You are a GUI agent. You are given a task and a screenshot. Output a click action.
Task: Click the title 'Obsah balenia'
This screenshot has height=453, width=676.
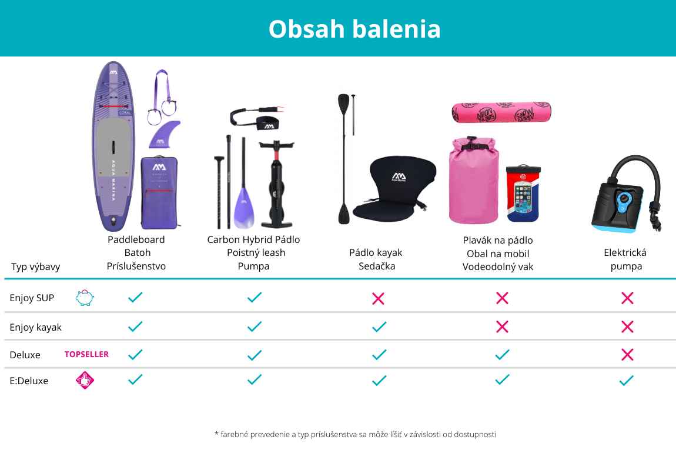coord(354,29)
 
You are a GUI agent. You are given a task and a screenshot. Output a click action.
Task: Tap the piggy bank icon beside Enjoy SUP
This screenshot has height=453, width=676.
coord(85,298)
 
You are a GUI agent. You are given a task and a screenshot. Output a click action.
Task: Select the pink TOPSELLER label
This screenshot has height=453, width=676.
coord(86,354)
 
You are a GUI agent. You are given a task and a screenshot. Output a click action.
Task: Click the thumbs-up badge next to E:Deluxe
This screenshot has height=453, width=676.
coord(85,380)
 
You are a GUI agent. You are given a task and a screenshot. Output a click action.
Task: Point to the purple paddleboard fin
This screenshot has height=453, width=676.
coord(164,135)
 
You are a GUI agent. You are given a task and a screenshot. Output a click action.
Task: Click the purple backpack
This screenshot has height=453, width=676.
coord(159,193)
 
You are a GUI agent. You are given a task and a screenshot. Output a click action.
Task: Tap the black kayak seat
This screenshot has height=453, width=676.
coord(394,188)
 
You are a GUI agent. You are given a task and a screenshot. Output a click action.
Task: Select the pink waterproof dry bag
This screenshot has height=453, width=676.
coord(474,180)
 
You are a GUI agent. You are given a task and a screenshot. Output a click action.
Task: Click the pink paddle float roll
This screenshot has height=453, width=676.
coord(501,112)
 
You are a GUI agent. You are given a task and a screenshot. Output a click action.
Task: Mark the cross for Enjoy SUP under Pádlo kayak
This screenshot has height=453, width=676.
coord(378,298)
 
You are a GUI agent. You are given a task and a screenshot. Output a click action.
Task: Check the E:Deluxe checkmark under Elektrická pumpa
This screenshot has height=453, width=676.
coord(627,380)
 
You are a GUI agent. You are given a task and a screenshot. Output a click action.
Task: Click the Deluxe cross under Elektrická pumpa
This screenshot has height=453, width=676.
coord(627,355)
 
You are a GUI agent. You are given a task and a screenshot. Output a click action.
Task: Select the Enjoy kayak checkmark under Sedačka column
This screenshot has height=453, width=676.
coord(379,327)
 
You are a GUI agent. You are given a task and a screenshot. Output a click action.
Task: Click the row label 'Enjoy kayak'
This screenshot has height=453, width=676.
coord(36,328)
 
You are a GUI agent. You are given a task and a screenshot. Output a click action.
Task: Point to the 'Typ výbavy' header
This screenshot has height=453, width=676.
coord(35,267)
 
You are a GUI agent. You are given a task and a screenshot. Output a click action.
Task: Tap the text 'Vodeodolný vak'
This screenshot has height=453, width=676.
coord(498,267)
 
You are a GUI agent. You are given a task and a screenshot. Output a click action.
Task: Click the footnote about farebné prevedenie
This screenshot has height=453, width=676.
coord(355,434)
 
